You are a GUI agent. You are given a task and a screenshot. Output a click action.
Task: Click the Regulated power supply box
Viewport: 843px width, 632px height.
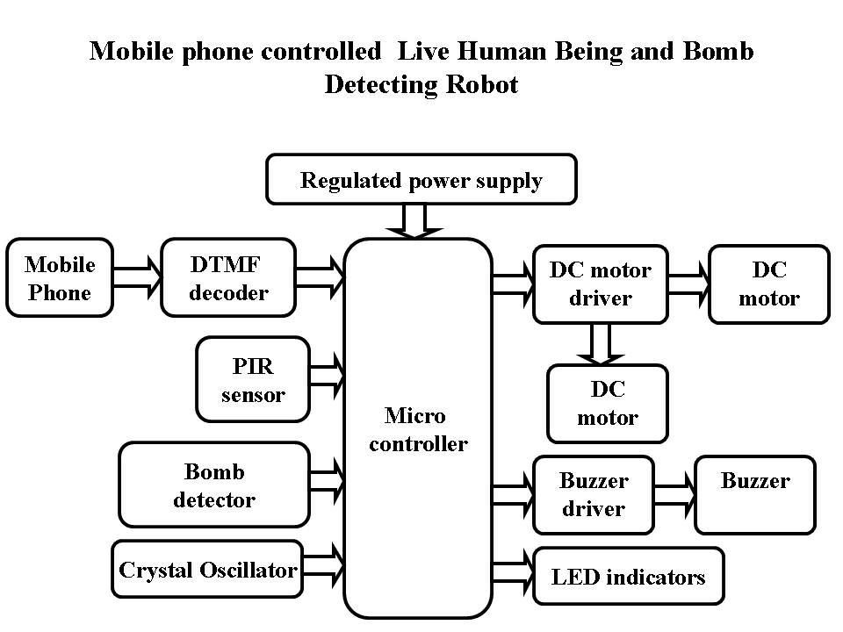tap(421, 180)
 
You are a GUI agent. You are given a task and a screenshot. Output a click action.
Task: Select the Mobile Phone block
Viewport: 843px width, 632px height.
tap(60, 277)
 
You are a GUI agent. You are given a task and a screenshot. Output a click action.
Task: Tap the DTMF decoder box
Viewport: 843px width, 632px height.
tap(228, 277)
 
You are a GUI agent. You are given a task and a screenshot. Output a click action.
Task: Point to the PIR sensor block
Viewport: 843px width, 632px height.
tap(253, 379)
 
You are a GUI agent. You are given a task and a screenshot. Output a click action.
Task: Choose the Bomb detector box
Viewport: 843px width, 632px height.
tap(214, 485)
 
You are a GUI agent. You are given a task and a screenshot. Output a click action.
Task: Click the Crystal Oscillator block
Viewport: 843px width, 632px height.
tap(208, 571)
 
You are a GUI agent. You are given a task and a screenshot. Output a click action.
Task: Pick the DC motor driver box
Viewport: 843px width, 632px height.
tap(601, 284)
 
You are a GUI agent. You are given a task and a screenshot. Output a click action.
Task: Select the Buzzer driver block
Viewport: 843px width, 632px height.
tap(594, 494)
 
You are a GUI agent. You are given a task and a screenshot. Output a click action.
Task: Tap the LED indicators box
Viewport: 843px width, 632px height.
tap(629, 576)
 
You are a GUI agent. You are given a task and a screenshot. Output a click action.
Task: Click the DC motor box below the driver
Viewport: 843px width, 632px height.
tap(608, 403)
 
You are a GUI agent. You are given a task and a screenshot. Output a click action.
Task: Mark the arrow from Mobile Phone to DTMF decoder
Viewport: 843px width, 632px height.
tap(138, 277)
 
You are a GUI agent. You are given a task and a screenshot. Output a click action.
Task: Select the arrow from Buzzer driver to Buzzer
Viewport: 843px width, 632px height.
tap(674, 493)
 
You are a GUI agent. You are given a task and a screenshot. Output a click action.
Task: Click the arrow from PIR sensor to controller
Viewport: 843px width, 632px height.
tap(328, 376)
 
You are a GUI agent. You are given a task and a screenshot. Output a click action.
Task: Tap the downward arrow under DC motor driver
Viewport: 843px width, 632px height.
tap(601, 343)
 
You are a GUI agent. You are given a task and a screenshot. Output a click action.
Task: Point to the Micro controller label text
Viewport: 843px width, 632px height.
tap(418, 429)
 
